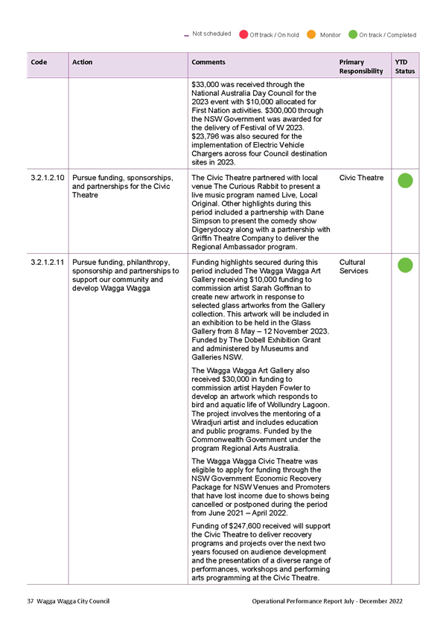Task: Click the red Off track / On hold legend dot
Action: tap(243, 35)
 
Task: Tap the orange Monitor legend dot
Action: tap(311, 35)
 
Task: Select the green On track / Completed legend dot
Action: tap(353, 35)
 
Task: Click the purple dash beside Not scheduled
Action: tap(186, 36)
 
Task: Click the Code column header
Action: tap(39, 62)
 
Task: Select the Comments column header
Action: tap(208, 62)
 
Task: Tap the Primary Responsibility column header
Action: tap(361, 66)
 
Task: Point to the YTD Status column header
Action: tap(405, 66)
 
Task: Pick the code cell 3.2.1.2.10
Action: tap(48, 177)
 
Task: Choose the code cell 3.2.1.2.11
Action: tap(48, 262)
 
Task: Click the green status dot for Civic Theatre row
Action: tap(405, 181)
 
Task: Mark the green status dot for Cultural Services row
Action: tap(405, 265)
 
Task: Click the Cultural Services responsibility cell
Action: tap(354, 266)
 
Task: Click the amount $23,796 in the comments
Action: tap(206, 136)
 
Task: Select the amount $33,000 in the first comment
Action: tap(206, 85)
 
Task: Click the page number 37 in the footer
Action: tap(31, 601)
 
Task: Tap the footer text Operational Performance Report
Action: tap(303, 601)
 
